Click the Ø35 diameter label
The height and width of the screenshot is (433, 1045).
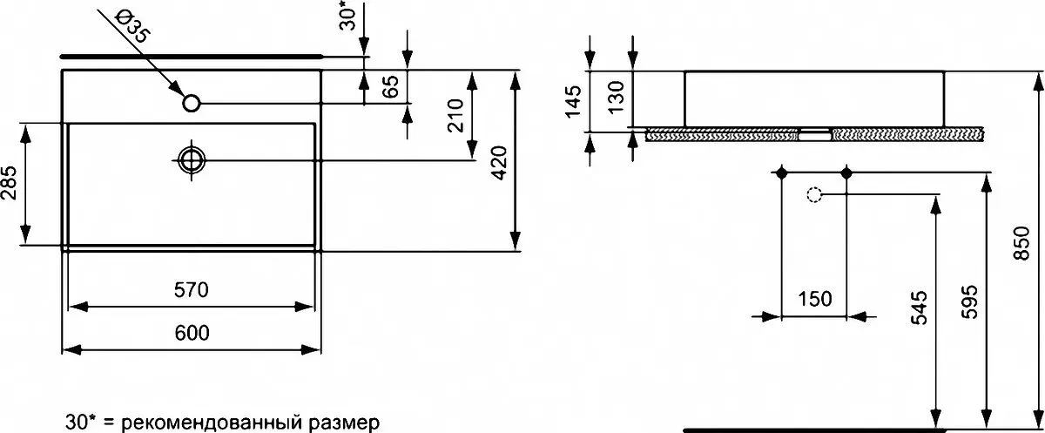(x=133, y=28)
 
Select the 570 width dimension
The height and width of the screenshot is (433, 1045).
(x=192, y=290)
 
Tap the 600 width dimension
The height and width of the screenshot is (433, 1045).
(x=192, y=333)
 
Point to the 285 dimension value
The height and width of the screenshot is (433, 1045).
(x=9, y=183)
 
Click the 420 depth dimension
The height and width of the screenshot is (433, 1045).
(x=500, y=163)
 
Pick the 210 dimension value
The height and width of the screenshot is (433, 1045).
(x=455, y=116)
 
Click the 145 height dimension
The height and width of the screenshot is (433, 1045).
(x=572, y=101)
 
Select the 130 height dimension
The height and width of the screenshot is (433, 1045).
(x=616, y=97)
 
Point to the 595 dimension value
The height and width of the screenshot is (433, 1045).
(x=969, y=302)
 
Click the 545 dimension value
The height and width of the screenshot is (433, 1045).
(x=920, y=308)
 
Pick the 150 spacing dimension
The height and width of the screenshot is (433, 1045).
(x=814, y=299)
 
